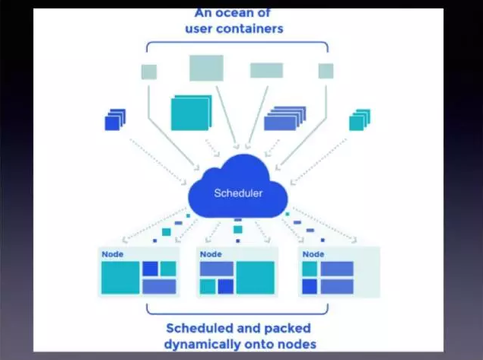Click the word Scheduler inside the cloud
tap(238, 193)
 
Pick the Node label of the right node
tap(313, 253)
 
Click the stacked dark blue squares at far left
tap(115, 119)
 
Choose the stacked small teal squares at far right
tap(359, 119)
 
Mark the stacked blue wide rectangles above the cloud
tap(284, 119)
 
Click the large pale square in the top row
tap(206, 68)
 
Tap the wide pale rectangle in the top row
tap(266, 71)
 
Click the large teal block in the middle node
tap(255, 278)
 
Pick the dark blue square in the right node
tap(310, 286)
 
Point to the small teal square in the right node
tap(310, 269)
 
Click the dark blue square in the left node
tap(150, 269)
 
